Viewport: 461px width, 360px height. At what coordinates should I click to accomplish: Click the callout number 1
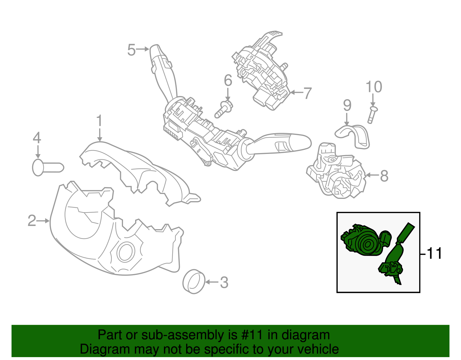click(x=99, y=121)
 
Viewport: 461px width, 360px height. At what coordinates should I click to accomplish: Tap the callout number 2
click(x=32, y=220)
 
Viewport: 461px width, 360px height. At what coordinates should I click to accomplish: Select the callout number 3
click(x=224, y=282)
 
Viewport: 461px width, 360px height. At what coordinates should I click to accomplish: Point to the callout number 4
click(x=37, y=138)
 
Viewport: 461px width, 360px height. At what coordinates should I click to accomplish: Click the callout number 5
click(x=131, y=50)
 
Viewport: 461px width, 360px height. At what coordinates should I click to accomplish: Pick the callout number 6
click(x=228, y=80)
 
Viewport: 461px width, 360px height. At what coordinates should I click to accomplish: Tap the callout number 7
click(x=308, y=93)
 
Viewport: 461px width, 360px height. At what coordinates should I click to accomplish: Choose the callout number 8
click(x=384, y=176)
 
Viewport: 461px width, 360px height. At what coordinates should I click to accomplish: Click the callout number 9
click(x=347, y=105)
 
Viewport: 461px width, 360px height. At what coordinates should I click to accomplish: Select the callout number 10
click(x=374, y=87)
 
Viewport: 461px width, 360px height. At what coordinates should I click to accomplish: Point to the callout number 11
click(x=434, y=253)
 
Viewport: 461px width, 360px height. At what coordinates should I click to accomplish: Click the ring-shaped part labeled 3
click(x=194, y=282)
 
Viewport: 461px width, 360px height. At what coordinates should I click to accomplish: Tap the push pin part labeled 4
click(x=48, y=167)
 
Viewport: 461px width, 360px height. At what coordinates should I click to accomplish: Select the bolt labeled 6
click(x=224, y=109)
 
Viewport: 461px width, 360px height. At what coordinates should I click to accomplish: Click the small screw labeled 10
click(x=373, y=115)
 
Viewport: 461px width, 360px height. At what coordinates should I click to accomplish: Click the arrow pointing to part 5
click(x=142, y=49)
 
